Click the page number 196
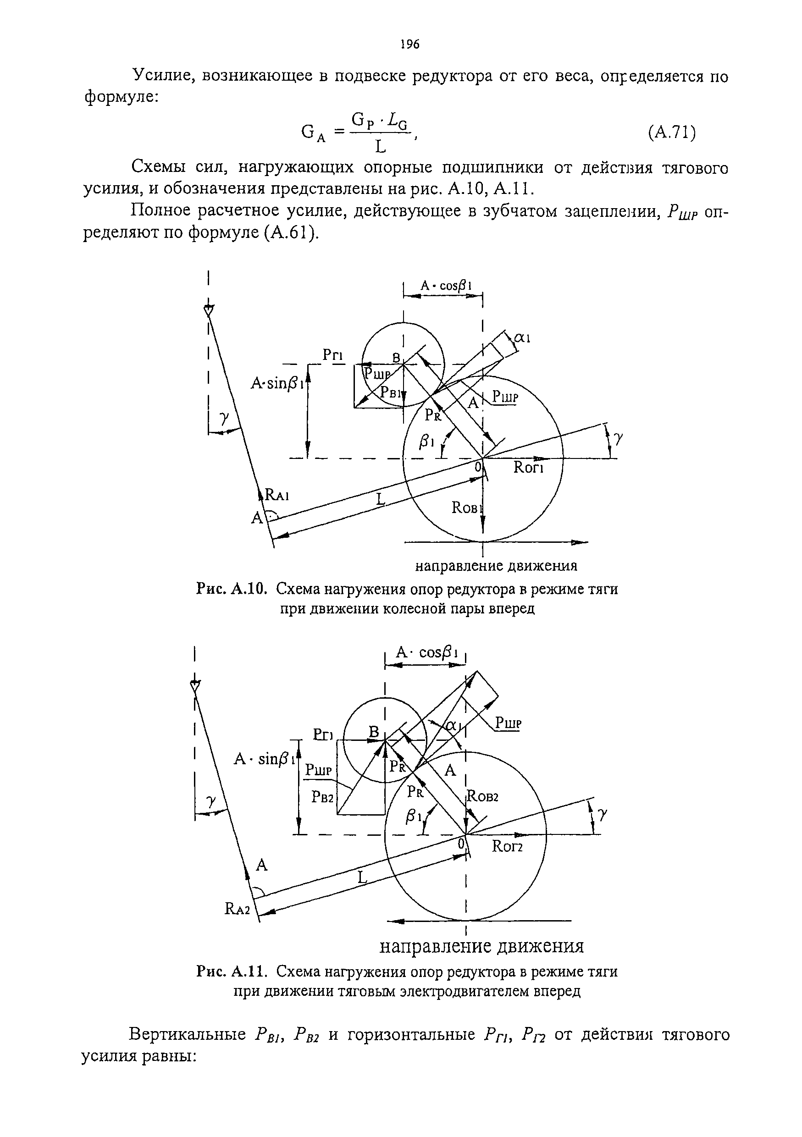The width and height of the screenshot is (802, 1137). [x=409, y=44]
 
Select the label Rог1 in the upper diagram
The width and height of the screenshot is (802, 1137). [x=529, y=468]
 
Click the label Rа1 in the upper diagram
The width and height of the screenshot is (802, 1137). [x=277, y=495]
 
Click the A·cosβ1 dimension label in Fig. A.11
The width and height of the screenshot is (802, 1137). [x=426, y=653]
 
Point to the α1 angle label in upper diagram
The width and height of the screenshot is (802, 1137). [x=522, y=338]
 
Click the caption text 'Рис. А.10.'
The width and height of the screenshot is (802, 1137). [x=232, y=589]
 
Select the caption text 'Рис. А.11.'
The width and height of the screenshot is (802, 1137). [x=232, y=971]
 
